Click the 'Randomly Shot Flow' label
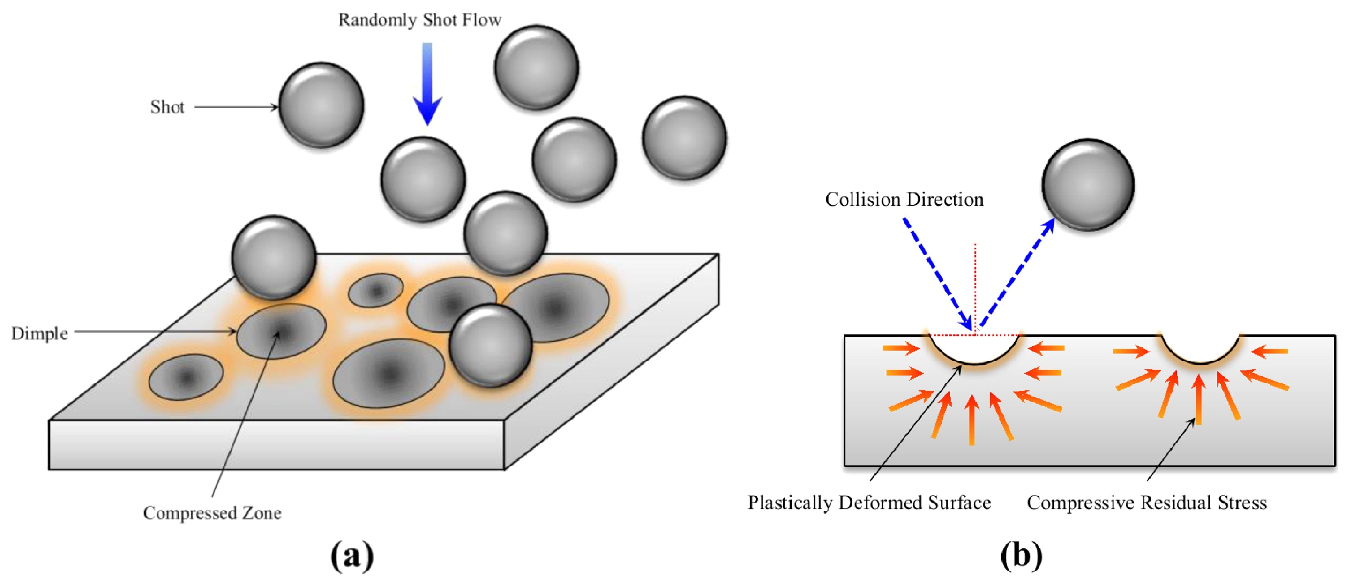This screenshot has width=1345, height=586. point(419,20)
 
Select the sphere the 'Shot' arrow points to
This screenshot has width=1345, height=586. point(321,105)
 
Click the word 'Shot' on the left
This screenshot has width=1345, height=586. point(167,107)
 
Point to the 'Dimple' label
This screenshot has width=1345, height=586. point(40,333)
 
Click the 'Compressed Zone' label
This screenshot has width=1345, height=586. point(212,513)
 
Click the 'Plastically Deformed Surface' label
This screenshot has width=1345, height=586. point(869,503)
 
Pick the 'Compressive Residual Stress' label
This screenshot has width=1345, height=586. point(1147,503)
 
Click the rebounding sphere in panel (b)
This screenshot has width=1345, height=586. point(1088,184)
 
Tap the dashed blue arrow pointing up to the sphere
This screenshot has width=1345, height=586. point(1016,274)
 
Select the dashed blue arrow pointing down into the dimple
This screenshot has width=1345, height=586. point(938,274)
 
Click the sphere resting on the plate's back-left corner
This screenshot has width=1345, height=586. point(274,257)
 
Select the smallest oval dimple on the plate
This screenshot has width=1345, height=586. point(375,290)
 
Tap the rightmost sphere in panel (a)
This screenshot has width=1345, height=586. point(684,138)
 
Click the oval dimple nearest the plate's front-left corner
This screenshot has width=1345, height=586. point(186,376)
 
